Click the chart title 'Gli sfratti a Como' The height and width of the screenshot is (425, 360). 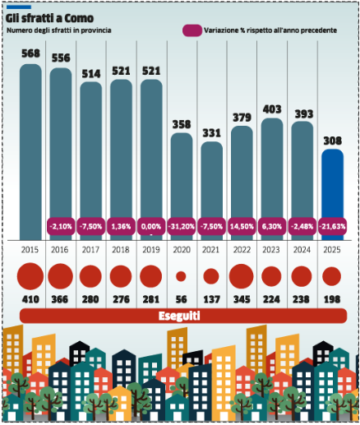pos(49,18)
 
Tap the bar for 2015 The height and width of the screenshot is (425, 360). pos(30,152)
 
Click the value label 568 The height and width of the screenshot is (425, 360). pos(30,53)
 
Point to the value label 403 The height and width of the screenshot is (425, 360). pos(272,109)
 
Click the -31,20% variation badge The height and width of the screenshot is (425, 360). pos(182,226)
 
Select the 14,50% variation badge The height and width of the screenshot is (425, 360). pos(242,226)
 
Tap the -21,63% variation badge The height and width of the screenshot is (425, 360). pos(332,226)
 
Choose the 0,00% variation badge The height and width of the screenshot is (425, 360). pos(151,226)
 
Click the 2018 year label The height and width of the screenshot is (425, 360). pos(121,250)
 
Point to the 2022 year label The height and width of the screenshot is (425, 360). pos(242,250)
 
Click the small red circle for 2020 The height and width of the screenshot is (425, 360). pos(181,276)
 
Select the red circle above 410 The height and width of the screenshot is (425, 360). pos(30,276)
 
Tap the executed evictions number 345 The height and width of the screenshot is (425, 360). pos(242,299)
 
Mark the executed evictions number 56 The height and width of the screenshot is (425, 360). pos(181,299)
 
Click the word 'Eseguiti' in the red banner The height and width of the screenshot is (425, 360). pos(179,316)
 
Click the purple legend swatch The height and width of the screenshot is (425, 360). pos(192,30)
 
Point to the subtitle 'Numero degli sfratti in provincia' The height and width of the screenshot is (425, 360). pos(58,30)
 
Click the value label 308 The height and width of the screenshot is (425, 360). pos(333,141)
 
